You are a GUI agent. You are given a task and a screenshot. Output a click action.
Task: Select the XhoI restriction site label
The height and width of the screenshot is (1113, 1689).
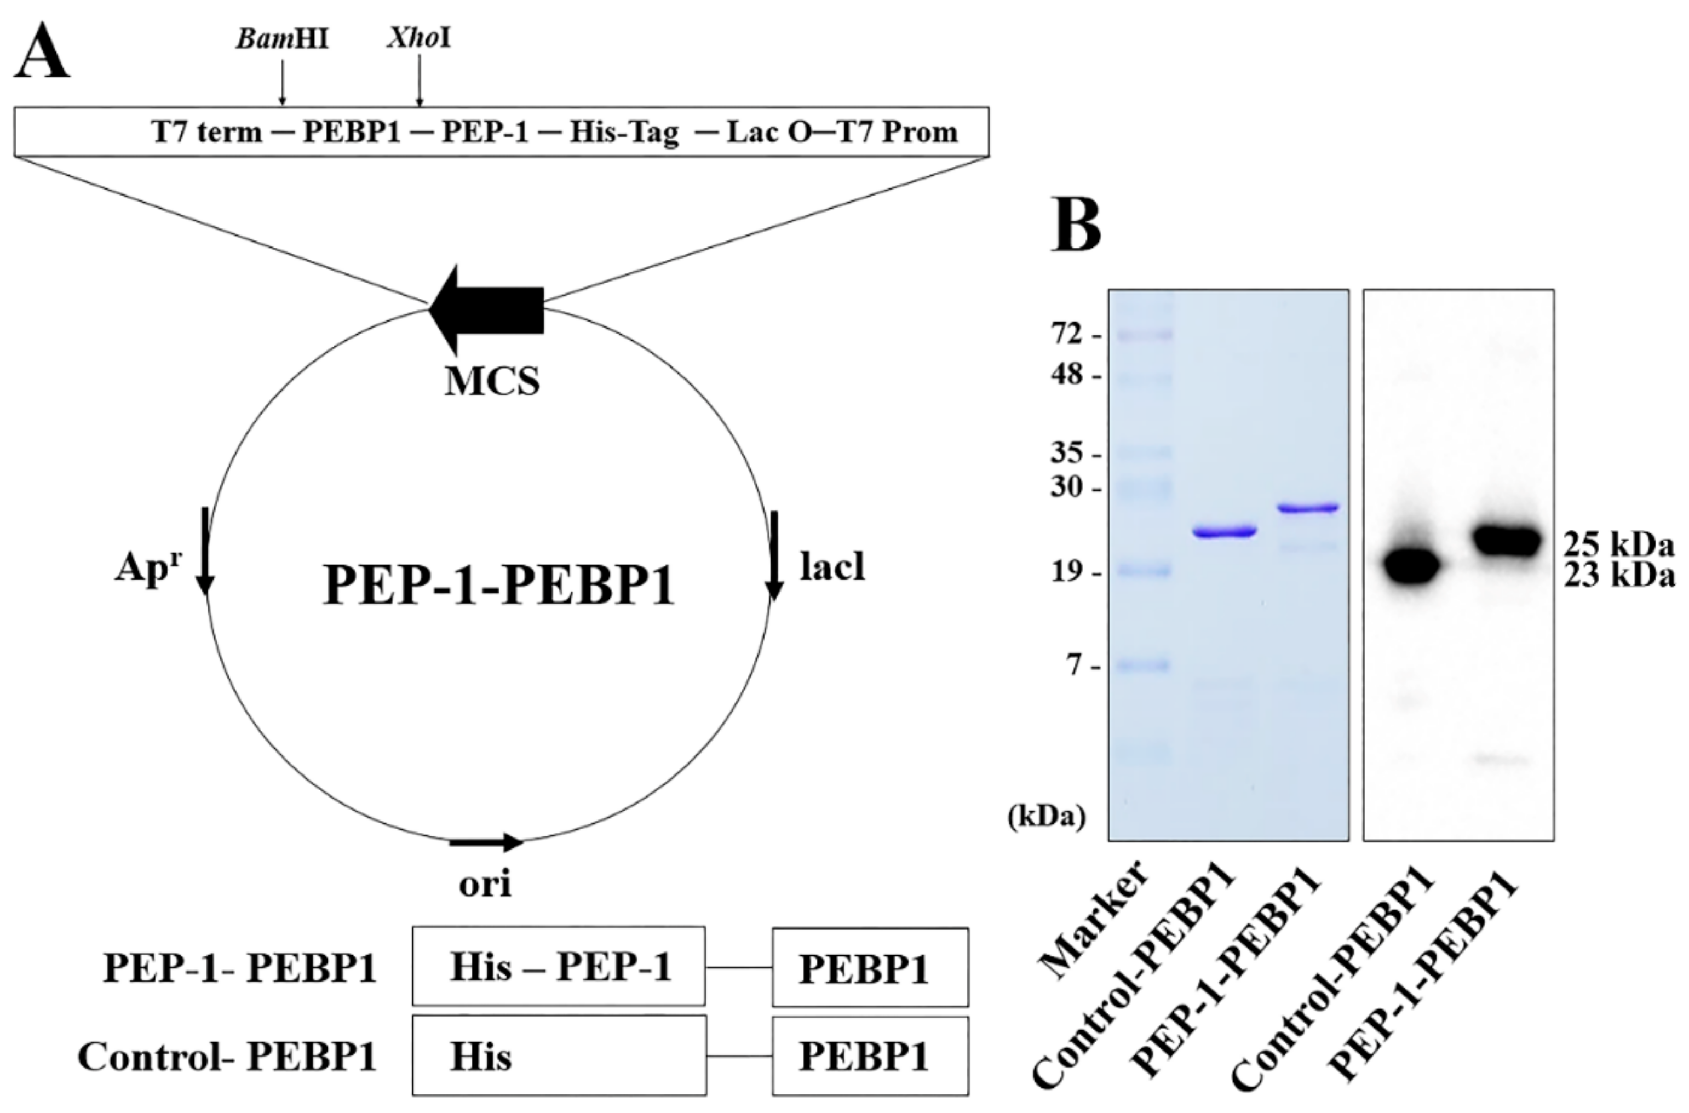pyautogui.click(x=419, y=38)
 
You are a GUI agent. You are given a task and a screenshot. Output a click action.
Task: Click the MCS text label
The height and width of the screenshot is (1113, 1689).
pyautogui.click(x=492, y=381)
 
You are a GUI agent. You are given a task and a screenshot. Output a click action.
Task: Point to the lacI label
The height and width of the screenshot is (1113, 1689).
pyautogui.click(x=832, y=566)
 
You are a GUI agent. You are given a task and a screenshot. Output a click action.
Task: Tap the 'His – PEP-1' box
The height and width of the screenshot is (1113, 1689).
pyautogui.click(x=559, y=966)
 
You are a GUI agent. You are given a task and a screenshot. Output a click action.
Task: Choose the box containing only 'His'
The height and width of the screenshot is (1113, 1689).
pyautogui.click(x=559, y=1056)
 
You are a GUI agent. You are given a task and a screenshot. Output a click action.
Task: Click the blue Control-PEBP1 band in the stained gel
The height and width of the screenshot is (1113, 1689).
pyautogui.click(x=1225, y=532)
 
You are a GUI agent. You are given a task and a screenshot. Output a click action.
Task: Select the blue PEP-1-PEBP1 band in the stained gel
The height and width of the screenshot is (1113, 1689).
pyautogui.click(x=1307, y=508)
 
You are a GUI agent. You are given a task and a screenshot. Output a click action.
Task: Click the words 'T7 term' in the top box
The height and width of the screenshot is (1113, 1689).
pyautogui.click(x=206, y=132)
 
